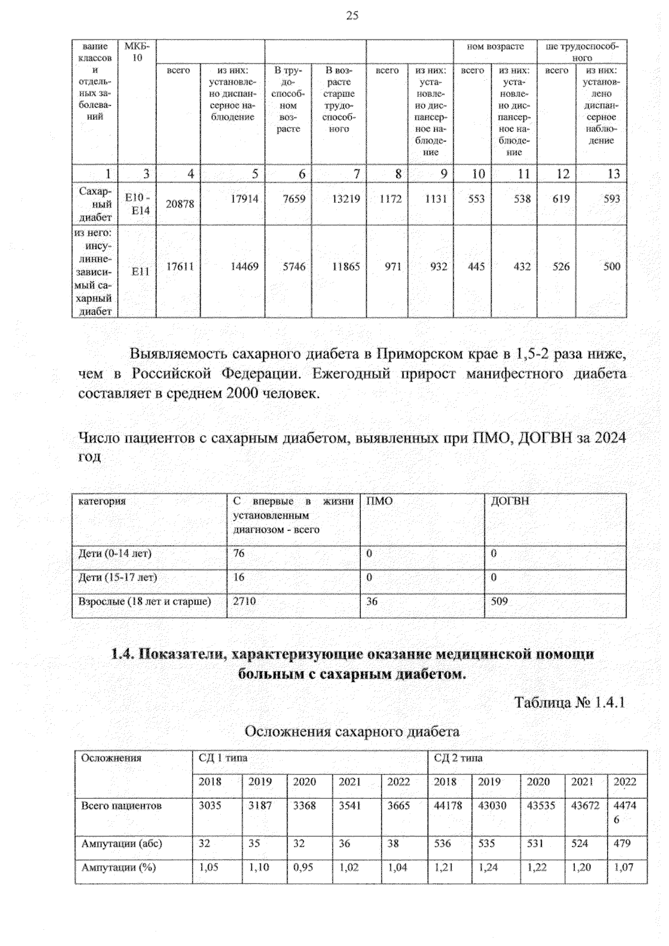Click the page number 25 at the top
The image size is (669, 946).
tap(352, 16)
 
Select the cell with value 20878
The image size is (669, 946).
tap(180, 204)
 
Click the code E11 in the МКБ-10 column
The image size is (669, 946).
tap(140, 271)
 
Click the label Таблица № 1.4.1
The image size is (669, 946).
tap(569, 702)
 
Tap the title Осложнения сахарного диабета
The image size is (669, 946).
tap(352, 731)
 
